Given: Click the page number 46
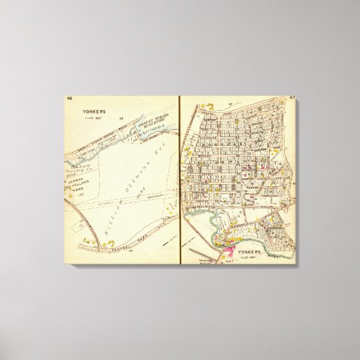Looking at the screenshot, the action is coord(70,99).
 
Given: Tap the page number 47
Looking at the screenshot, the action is coord(291,99).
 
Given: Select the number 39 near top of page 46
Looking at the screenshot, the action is coord(121,120).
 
